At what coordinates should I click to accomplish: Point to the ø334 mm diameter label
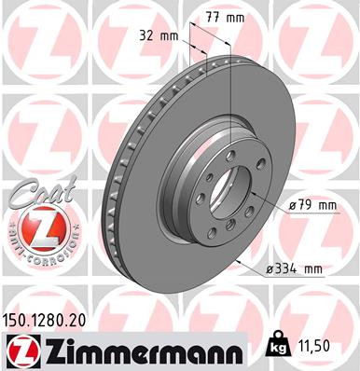(x=292, y=269)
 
